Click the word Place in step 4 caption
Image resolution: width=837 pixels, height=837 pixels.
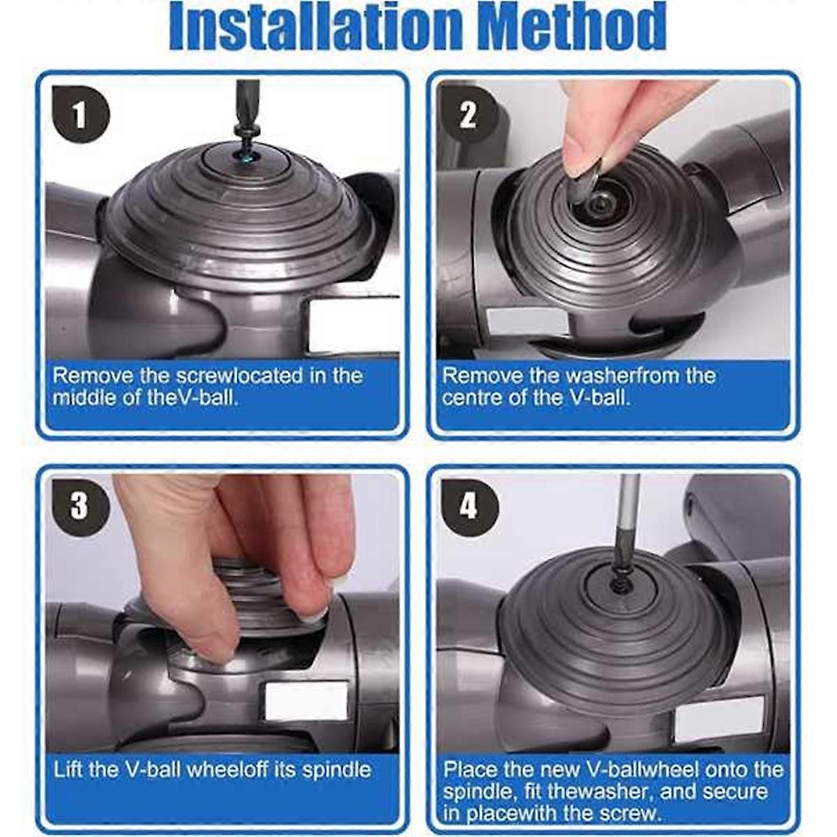471,770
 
